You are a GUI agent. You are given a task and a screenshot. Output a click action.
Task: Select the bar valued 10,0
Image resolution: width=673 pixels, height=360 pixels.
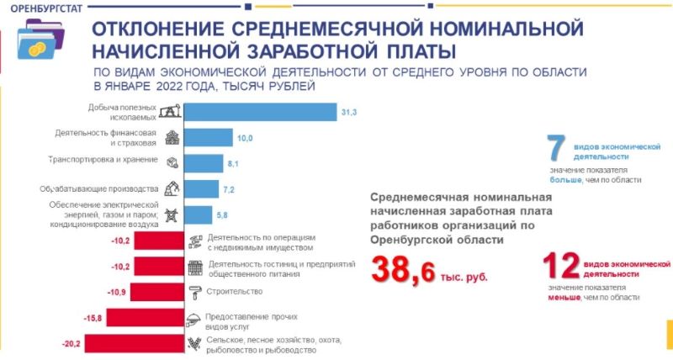click(208, 137)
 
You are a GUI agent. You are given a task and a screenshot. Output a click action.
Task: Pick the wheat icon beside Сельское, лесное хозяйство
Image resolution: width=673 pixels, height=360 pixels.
click(194, 343)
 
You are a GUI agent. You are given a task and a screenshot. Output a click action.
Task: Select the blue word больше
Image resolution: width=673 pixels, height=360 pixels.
click(565, 179)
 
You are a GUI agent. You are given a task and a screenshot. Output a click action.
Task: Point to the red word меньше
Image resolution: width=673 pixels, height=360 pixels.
click(568, 297)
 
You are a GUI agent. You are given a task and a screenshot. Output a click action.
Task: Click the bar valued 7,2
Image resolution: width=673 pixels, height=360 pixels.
click(201, 188)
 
